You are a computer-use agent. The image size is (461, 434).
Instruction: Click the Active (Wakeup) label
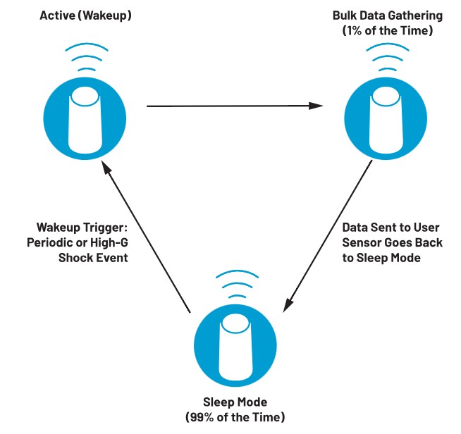[85, 15]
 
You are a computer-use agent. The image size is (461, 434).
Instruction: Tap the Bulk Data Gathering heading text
[388, 15]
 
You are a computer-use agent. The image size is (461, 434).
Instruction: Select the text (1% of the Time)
[388, 30]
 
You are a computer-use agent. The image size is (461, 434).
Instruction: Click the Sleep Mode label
[235, 402]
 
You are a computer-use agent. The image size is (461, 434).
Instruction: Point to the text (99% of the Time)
[235, 417]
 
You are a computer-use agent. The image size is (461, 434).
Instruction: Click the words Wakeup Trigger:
[82, 227]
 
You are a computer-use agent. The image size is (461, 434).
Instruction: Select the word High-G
[109, 242]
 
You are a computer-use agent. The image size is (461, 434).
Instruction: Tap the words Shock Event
[93, 258]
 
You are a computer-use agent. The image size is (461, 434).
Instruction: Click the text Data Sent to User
[391, 227]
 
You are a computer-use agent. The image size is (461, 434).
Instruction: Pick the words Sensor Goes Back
[392, 242]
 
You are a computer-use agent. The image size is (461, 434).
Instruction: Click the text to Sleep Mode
[381, 258]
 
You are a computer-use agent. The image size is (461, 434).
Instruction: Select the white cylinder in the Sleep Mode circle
[235, 347]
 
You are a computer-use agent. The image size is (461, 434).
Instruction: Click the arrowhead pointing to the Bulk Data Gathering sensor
[316, 106]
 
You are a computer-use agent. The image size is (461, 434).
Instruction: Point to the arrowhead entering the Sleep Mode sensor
[288, 304]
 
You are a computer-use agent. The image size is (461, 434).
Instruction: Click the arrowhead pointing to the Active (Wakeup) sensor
[106, 167]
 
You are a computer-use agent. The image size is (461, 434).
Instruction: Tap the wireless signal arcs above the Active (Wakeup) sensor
[87, 58]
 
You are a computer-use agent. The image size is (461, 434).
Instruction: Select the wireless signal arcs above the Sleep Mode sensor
[237, 285]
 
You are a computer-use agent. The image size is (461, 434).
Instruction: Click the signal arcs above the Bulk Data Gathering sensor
[388, 58]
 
